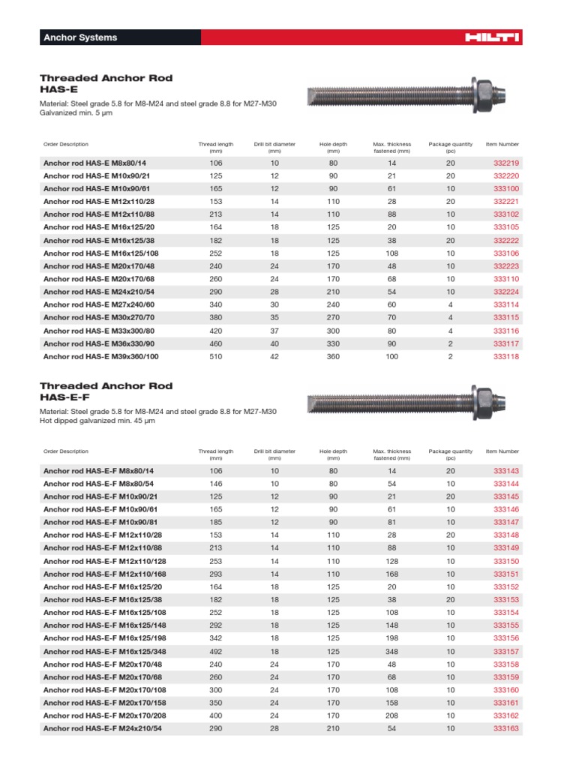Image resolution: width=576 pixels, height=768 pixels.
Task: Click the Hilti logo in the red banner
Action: pyautogui.click(x=492, y=37)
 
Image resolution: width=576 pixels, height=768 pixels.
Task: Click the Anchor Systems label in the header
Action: pyautogui.click(x=80, y=37)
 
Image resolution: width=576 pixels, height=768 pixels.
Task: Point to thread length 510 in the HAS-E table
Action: pyautogui.click(x=216, y=356)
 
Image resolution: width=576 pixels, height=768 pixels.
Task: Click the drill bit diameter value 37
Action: pyautogui.click(x=274, y=331)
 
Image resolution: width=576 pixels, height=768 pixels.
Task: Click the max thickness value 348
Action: pyautogui.click(x=391, y=651)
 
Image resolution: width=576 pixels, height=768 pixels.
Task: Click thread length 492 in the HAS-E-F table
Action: pyautogui.click(x=216, y=651)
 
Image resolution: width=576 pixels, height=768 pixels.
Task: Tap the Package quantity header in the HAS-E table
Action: pyautogui.click(x=451, y=147)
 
